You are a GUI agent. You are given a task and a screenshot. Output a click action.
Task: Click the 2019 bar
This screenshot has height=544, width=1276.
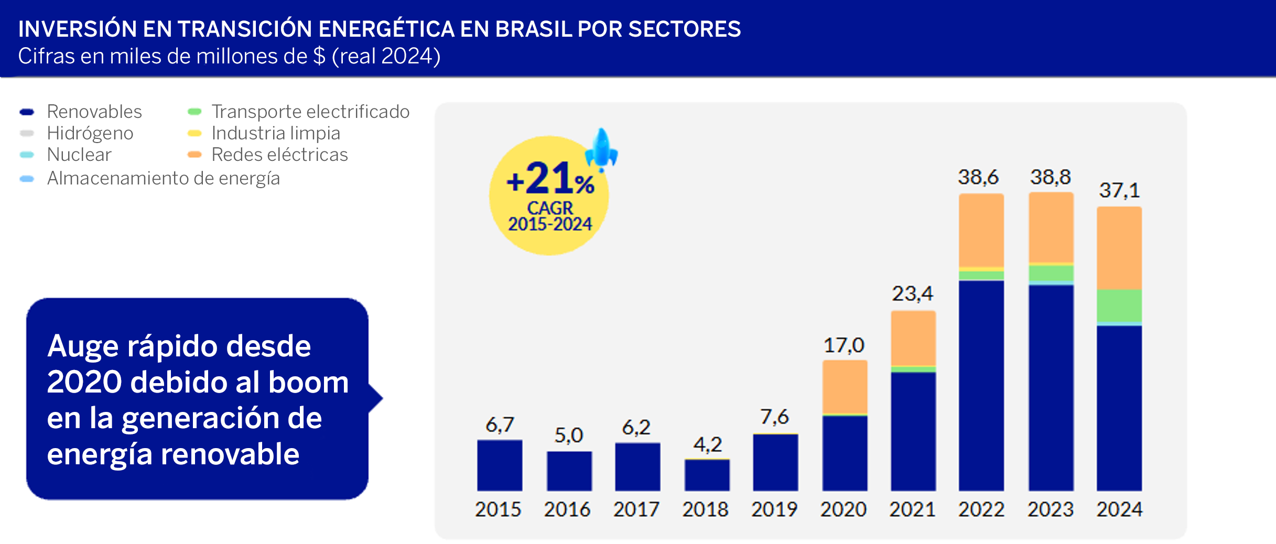(x=775, y=462)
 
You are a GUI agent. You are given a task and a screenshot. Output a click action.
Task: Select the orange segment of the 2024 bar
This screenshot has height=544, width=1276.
(x=1119, y=248)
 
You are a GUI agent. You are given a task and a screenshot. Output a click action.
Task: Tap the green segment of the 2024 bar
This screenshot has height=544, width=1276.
(x=1119, y=306)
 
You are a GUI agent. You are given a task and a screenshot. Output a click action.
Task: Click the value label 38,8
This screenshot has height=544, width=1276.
(x=1051, y=177)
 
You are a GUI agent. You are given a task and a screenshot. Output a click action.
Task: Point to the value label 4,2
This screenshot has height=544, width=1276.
(x=707, y=445)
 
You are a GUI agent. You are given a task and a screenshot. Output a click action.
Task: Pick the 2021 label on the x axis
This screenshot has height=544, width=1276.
(x=912, y=509)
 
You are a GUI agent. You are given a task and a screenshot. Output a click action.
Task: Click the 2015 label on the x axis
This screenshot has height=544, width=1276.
(x=498, y=509)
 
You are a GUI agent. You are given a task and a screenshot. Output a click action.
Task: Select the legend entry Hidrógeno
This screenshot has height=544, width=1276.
(x=90, y=133)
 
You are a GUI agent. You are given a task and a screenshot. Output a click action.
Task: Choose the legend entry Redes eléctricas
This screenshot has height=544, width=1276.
(x=279, y=155)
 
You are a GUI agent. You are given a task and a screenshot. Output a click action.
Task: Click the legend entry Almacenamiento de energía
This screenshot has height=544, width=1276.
(x=163, y=178)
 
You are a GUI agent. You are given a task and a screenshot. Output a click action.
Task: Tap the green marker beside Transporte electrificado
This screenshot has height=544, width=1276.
(x=194, y=112)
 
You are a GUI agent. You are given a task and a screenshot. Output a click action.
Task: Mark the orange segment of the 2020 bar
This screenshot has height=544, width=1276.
(x=845, y=387)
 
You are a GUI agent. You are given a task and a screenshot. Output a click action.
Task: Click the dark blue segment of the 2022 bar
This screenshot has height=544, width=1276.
(x=981, y=385)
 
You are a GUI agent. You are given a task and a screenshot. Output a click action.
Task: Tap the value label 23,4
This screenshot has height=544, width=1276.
(x=912, y=293)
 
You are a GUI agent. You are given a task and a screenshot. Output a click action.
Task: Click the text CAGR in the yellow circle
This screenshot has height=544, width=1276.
(x=550, y=208)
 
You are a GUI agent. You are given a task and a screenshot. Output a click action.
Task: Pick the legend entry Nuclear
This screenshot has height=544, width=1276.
(x=79, y=155)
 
